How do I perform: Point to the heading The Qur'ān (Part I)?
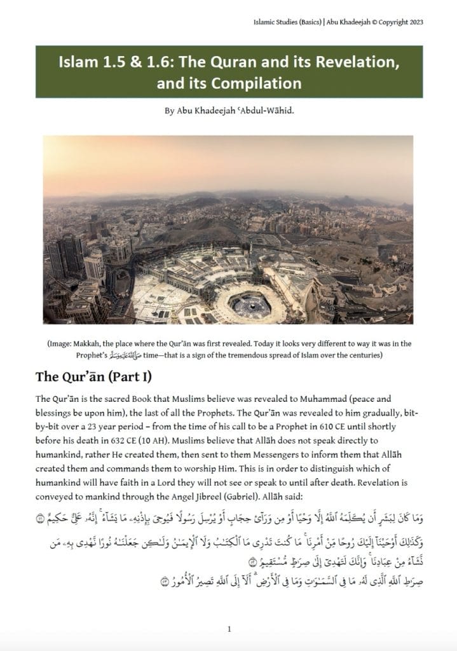[93, 376]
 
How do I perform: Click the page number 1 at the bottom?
[229, 629]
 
